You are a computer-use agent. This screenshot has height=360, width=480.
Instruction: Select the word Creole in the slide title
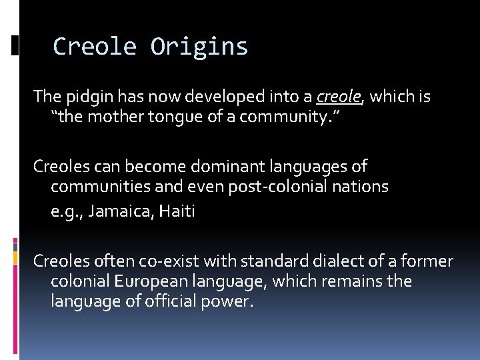point(94,47)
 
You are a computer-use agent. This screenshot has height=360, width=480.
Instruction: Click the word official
point(177,301)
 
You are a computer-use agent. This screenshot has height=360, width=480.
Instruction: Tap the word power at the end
point(230,301)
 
